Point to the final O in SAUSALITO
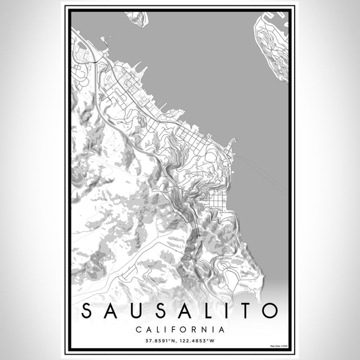pos(268,311)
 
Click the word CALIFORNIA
pos(180,329)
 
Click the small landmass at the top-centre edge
pos(137,17)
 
